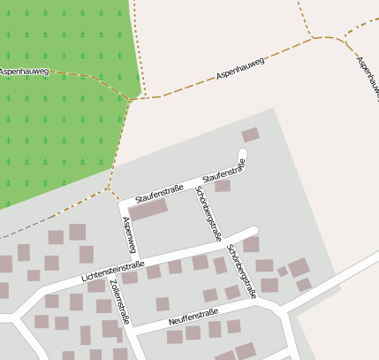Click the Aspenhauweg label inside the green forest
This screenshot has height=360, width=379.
click(x=24, y=70)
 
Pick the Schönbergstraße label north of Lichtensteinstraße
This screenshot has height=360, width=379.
click(x=208, y=213)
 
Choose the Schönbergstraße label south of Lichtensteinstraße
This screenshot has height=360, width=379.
click(x=240, y=270)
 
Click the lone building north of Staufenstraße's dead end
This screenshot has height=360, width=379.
click(x=251, y=134)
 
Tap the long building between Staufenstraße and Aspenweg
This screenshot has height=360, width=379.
click(x=148, y=211)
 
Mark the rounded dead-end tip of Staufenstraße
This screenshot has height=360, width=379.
click(x=244, y=157)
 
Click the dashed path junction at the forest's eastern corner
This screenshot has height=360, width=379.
click(x=130, y=99)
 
